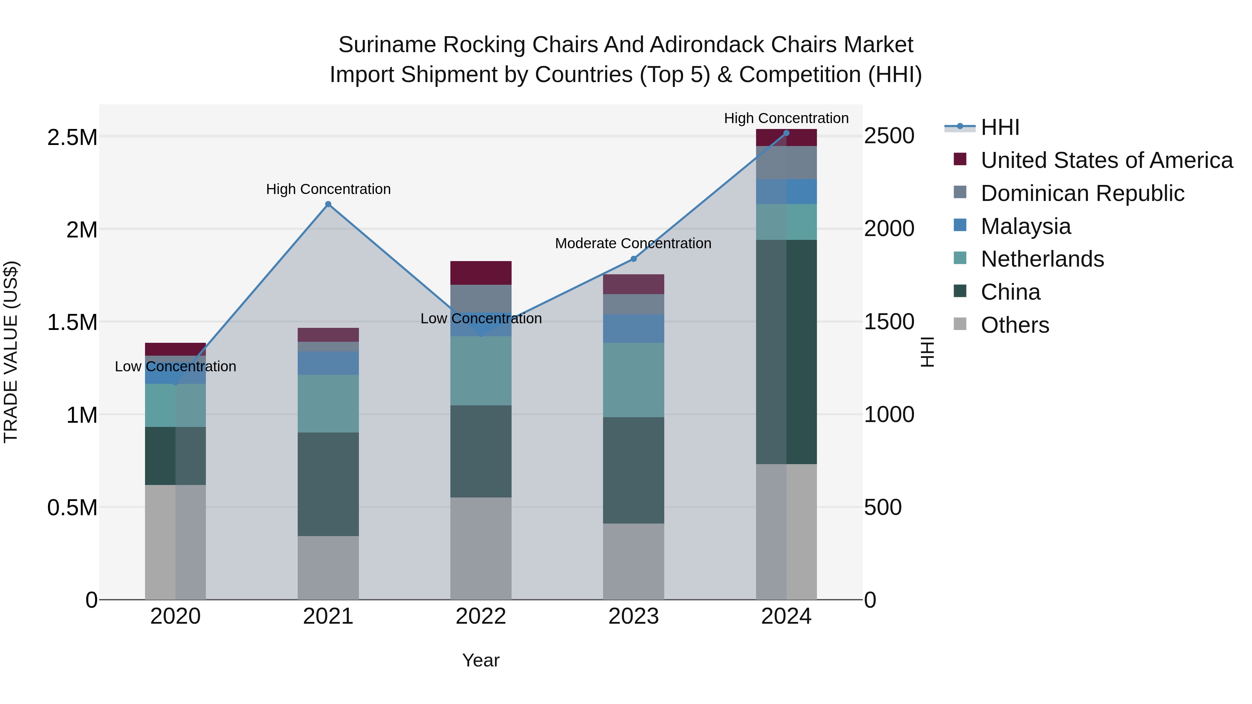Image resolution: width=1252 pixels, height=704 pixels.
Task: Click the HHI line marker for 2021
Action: (x=328, y=204)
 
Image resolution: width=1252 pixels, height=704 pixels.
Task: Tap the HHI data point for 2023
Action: (x=633, y=259)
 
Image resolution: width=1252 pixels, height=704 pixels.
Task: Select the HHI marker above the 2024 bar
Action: (x=786, y=133)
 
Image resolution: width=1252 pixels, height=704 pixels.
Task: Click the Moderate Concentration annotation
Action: (x=633, y=243)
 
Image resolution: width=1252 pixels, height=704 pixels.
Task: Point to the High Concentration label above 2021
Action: (x=328, y=189)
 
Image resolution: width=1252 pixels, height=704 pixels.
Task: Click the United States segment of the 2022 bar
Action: (x=481, y=273)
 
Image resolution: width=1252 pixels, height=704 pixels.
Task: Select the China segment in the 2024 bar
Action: (x=786, y=352)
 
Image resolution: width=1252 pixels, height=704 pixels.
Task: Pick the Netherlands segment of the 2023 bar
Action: (x=633, y=380)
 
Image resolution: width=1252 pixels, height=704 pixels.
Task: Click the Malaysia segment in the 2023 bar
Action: (x=633, y=329)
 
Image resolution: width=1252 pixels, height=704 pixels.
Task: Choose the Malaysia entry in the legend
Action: (x=1026, y=226)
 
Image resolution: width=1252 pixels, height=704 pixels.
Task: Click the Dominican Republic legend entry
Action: (x=1082, y=193)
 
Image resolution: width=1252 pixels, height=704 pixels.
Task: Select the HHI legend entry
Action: (x=1000, y=127)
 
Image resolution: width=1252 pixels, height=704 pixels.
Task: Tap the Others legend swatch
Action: (x=960, y=324)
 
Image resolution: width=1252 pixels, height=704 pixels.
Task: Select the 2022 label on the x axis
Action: (x=481, y=616)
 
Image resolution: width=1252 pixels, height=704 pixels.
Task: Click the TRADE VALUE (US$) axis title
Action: (x=11, y=352)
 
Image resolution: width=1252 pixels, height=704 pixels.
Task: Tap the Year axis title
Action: (x=481, y=660)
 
